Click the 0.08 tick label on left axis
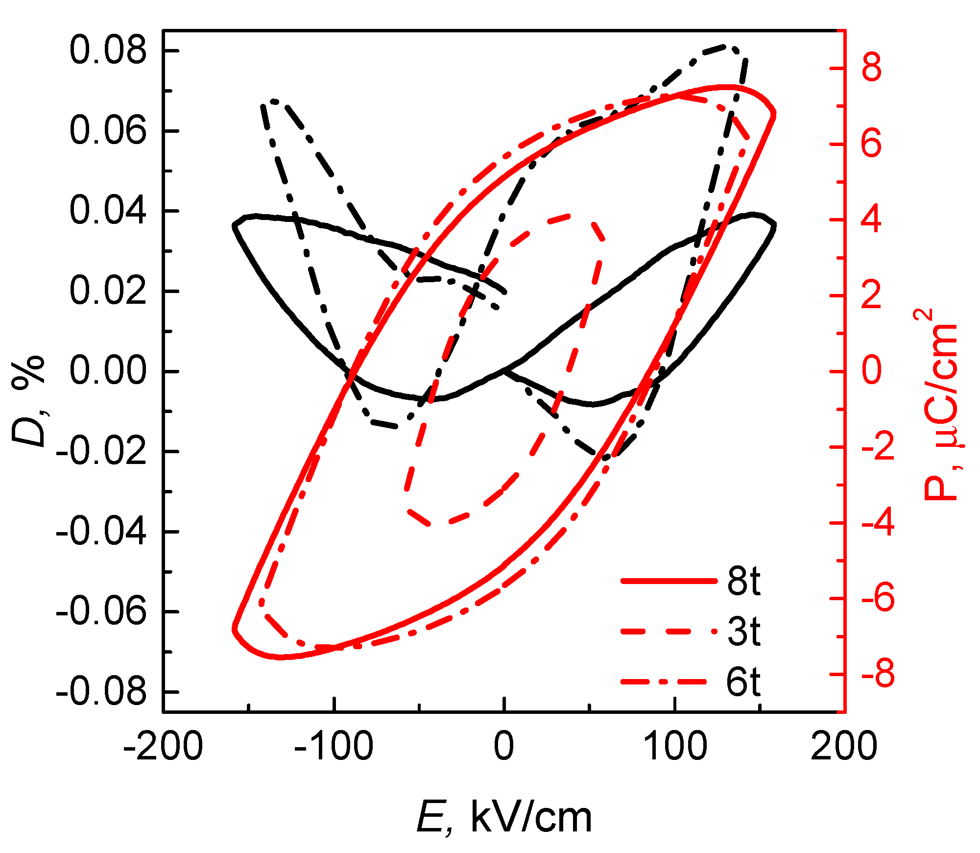point(108,51)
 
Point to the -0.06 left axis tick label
point(101,612)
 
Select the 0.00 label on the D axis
point(108,371)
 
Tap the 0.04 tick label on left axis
point(108,211)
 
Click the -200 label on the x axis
point(163,747)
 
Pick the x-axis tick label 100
point(675,747)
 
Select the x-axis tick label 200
point(843,747)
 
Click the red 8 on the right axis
point(871,68)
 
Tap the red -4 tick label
point(877,523)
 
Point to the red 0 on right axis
point(871,371)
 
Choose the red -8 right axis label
point(877,675)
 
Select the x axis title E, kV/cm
point(504,818)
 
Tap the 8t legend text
point(743,582)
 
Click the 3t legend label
point(743,632)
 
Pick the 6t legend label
point(743,682)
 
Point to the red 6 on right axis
point(871,144)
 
